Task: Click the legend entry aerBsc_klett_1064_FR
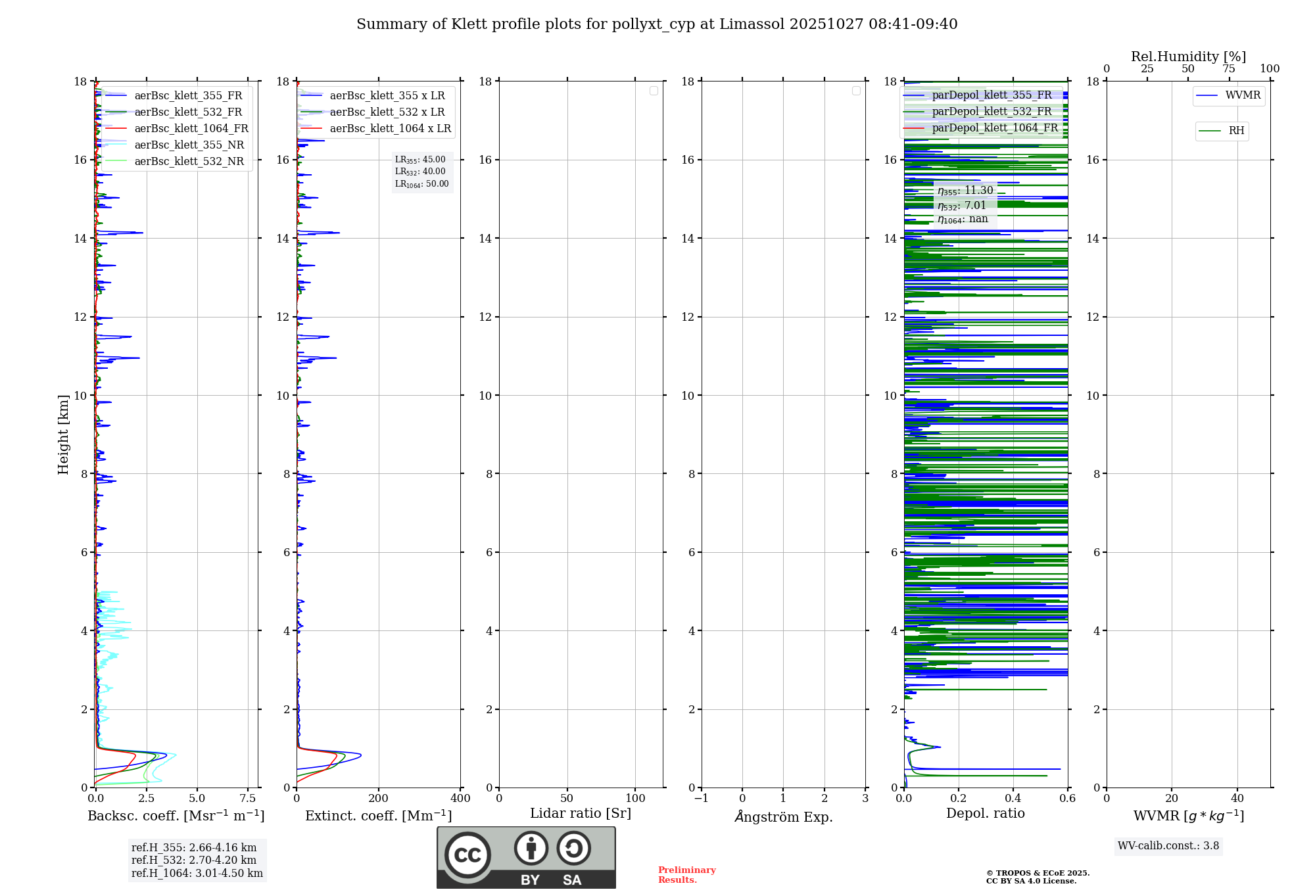[191, 129]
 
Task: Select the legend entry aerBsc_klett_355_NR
[189, 145]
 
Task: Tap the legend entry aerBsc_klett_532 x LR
[387, 112]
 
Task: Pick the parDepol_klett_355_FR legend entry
[992, 95]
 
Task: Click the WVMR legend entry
[1243, 95]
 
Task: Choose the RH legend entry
[1236, 131]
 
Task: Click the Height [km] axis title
[63, 434]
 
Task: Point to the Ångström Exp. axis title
[783, 817]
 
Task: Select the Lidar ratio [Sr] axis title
[581, 814]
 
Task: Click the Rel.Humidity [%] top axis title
[1188, 57]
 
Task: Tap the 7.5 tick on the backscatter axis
[248, 799]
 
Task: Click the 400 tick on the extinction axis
[460, 799]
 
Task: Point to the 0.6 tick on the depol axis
[1067, 799]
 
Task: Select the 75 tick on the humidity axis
[1228, 69]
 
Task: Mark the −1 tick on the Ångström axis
[701, 799]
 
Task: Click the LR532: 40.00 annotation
[420, 172]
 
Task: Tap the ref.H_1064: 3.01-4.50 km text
[197, 874]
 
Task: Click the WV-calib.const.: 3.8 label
[1168, 846]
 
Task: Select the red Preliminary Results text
[686, 875]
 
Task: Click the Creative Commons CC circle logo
[467, 855]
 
